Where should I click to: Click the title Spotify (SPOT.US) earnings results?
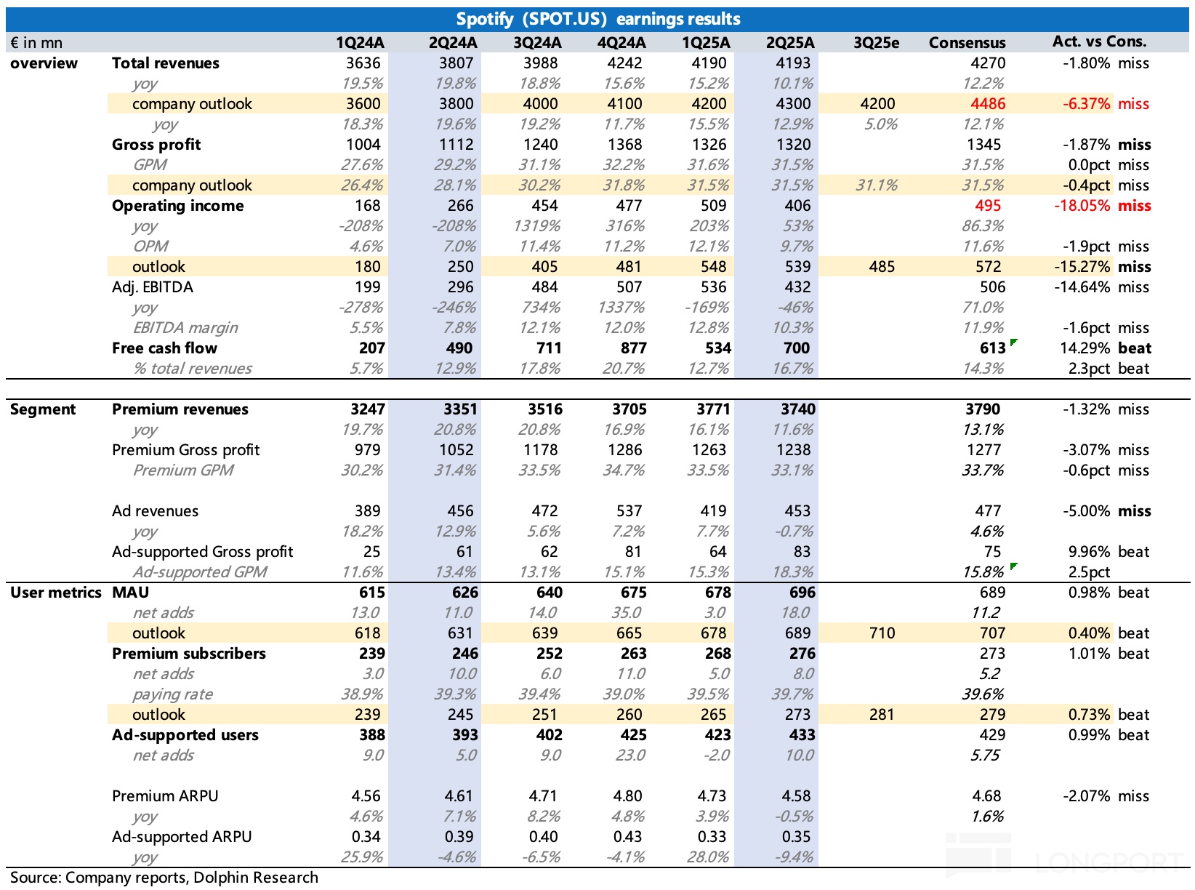click(x=597, y=19)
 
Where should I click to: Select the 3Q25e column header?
click(x=876, y=43)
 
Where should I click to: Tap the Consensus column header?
click(x=967, y=43)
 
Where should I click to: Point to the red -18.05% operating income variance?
click(x=1082, y=206)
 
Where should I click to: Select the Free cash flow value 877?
click(x=633, y=348)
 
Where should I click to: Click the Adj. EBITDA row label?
click(x=153, y=287)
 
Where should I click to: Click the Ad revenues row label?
click(x=155, y=511)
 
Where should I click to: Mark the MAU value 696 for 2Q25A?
click(x=802, y=593)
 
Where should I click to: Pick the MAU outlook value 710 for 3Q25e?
click(x=882, y=633)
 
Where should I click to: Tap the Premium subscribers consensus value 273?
click(x=992, y=654)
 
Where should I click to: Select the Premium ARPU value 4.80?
click(x=629, y=796)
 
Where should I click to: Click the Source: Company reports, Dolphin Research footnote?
click(x=164, y=878)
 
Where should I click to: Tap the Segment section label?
click(x=43, y=409)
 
